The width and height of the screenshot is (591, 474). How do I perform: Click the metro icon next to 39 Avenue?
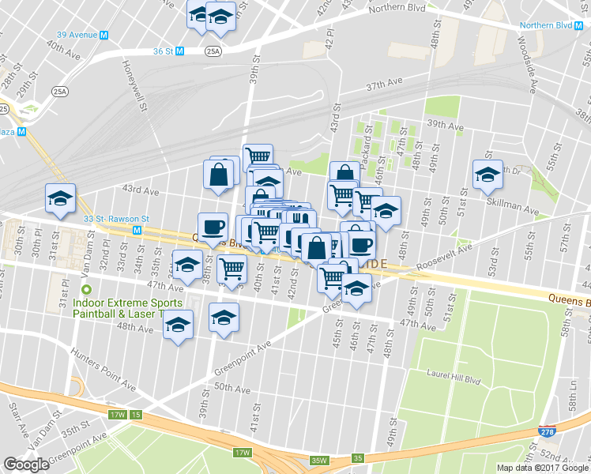[x=104, y=35]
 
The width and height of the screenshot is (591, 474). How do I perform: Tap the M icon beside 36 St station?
[x=180, y=51]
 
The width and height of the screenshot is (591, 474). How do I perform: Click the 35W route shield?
[x=319, y=460]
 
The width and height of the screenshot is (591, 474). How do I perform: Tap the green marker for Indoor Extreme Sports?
[x=88, y=290]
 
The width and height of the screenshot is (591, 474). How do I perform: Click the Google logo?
[x=27, y=465]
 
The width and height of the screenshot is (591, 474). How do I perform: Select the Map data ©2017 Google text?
[x=543, y=468]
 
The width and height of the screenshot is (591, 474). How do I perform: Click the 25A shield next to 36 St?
[x=213, y=51]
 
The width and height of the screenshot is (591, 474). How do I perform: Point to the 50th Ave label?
[x=232, y=389]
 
